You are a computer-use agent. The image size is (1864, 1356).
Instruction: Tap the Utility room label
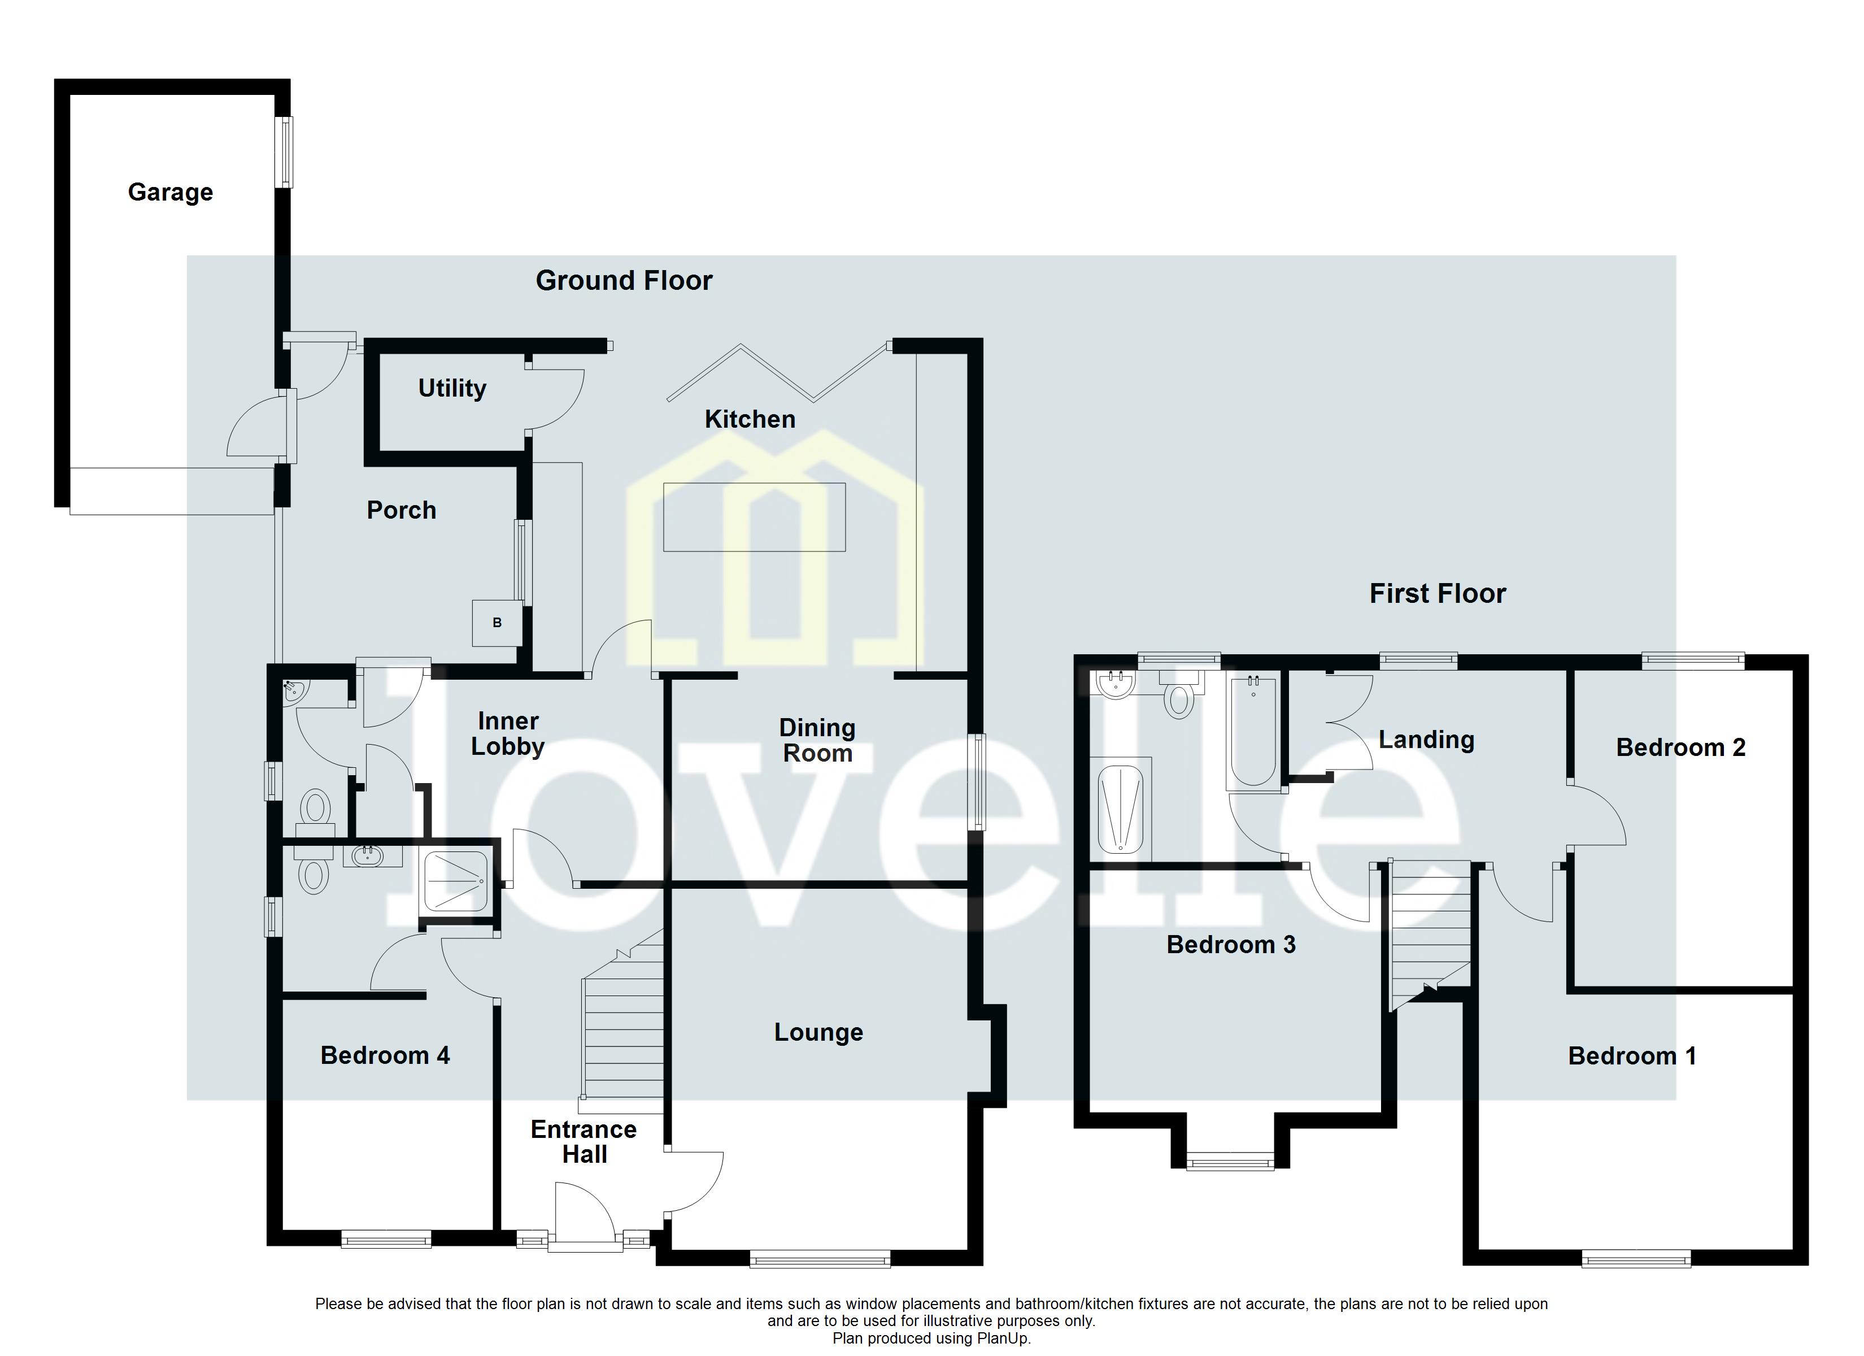(452, 388)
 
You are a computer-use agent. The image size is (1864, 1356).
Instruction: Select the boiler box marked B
(497, 623)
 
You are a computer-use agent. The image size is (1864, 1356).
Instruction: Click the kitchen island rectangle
(754, 517)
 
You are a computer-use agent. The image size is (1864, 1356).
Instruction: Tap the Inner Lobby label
(508, 733)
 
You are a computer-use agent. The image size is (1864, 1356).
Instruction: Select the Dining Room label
(817, 740)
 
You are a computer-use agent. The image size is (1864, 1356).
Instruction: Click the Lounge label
(818, 1032)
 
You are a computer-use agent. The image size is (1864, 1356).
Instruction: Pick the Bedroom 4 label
(385, 1056)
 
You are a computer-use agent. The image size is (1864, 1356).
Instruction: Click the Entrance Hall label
(583, 1142)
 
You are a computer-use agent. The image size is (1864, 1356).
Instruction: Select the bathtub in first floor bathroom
(1252, 730)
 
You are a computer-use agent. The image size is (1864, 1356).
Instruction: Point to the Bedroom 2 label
(1680, 747)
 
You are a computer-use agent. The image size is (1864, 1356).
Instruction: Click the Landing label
(1426, 740)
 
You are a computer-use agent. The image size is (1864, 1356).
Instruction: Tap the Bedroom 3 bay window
(1230, 1162)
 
